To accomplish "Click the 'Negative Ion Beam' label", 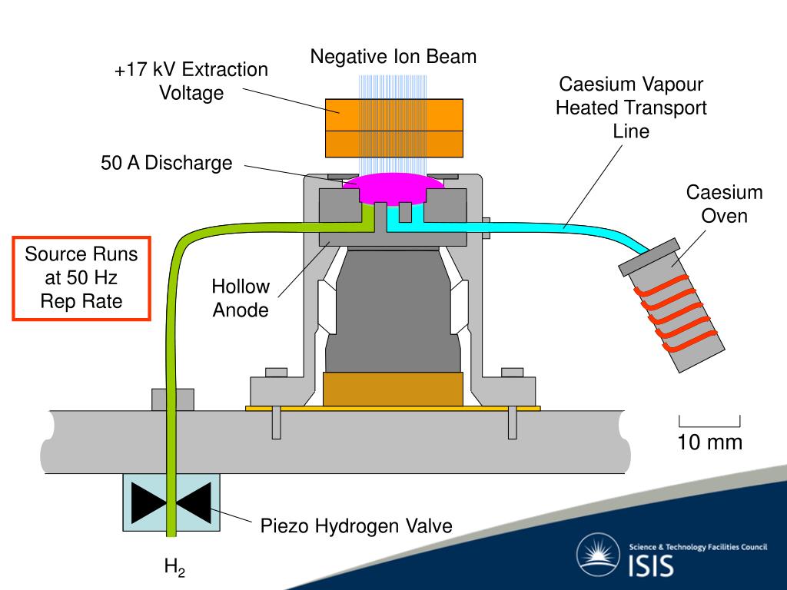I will pyautogui.click(x=393, y=57).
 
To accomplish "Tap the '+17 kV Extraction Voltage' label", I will pyautogui.click(x=191, y=81).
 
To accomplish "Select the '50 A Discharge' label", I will pyautogui.click(x=166, y=164).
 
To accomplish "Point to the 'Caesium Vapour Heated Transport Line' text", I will pyautogui.click(x=631, y=108).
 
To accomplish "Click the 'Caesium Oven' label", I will pyautogui.click(x=724, y=204).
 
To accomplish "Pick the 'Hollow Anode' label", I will pyautogui.click(x=241, y=298).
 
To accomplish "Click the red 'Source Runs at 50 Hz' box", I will pyautogui.click(x=81, y=277).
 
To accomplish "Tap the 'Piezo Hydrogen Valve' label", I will pyautogui.click(x=356, y=526).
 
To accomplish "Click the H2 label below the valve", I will pyautogui.click(x=174, y=568).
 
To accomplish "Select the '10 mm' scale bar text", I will pyautogui.click(x=709, y=442).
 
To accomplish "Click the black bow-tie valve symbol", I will pyautogui.click(x=171, y=502).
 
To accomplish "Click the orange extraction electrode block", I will pyautogui.click(x=394, y=127).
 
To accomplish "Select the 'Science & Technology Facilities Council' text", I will pyautogui.click(x=698, y=547).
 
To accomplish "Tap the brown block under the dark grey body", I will pyautogui.click(x=393, y=389).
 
